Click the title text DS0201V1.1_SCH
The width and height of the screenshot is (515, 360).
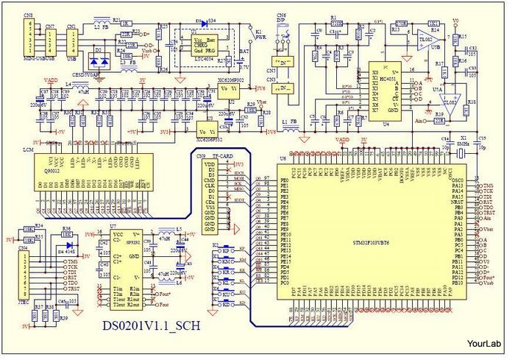150,323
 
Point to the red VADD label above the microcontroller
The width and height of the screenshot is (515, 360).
342,139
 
